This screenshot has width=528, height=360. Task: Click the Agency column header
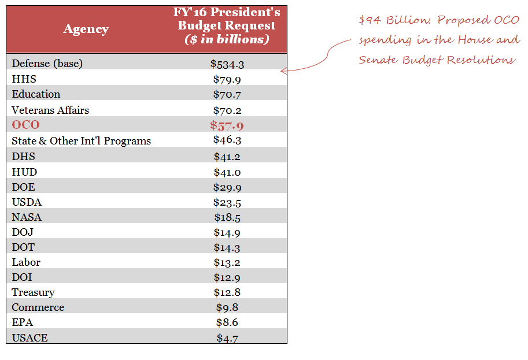86,29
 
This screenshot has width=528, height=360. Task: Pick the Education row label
36,94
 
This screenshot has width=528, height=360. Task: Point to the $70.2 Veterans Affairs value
227,110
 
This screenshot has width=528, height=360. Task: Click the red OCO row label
25,125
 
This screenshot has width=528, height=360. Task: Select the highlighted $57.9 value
227,125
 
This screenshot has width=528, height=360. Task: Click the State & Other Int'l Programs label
81,140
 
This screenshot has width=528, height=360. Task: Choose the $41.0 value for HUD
227,172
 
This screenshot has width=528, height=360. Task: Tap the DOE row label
23,187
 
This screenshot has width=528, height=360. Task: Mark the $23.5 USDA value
227,202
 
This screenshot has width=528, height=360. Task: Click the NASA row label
27,217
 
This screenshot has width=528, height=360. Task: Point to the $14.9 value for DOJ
227,233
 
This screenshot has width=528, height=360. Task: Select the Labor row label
26,262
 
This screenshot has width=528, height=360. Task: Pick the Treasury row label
33,292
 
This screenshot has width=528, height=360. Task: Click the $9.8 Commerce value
227,308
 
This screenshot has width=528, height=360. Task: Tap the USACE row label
29,338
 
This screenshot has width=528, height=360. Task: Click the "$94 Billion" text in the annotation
393,21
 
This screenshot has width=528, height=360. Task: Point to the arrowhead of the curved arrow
283,71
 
